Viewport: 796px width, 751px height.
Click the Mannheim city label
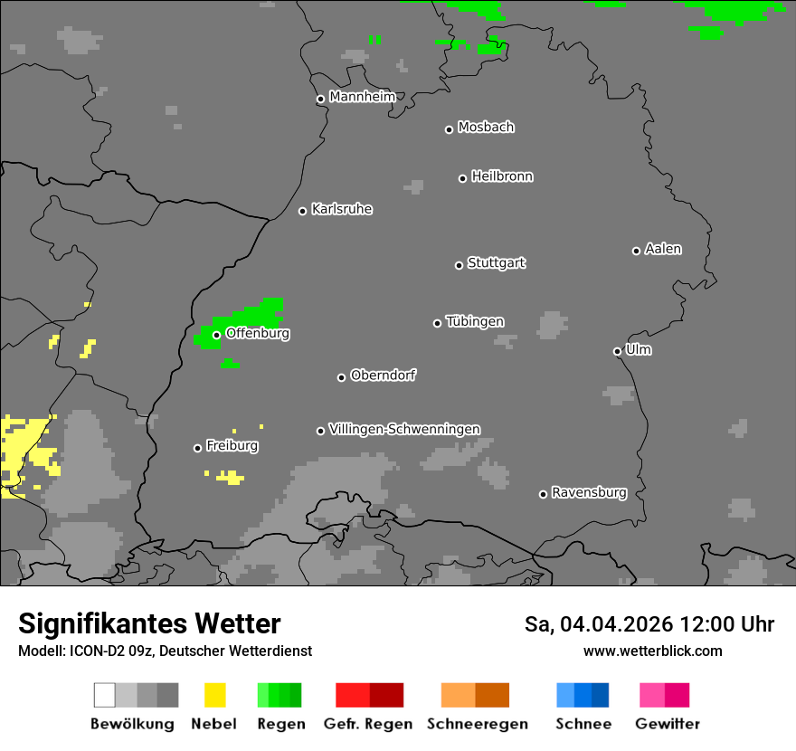coord(363,97)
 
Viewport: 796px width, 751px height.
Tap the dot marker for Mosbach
coord(449,129)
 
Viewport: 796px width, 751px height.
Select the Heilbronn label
coord(502,176)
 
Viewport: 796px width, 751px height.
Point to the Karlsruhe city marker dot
coord(303,211)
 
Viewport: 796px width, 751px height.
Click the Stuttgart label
coord(496,263)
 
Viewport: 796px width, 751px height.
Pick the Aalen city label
coord(663,249)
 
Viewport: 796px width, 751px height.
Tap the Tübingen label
coord(475,322)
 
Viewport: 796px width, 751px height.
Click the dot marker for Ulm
coord(617,351)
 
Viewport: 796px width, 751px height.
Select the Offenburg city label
coord(258,333)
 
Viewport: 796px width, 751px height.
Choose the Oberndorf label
coord(384,375)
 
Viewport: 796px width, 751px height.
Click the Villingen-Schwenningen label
coord(404,429)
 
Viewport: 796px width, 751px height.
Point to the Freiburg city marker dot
coord(197,448)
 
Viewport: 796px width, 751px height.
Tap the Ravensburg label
coord(589,493)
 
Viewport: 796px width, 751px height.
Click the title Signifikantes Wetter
coord(149,624)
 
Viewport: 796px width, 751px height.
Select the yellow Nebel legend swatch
coord(214,695)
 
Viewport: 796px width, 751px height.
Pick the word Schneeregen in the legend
coord(478,724)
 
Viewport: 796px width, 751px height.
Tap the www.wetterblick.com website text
coord(652,651)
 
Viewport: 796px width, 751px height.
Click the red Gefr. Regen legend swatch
coord(369,695)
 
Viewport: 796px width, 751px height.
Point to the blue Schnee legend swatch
coord(583,695)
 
